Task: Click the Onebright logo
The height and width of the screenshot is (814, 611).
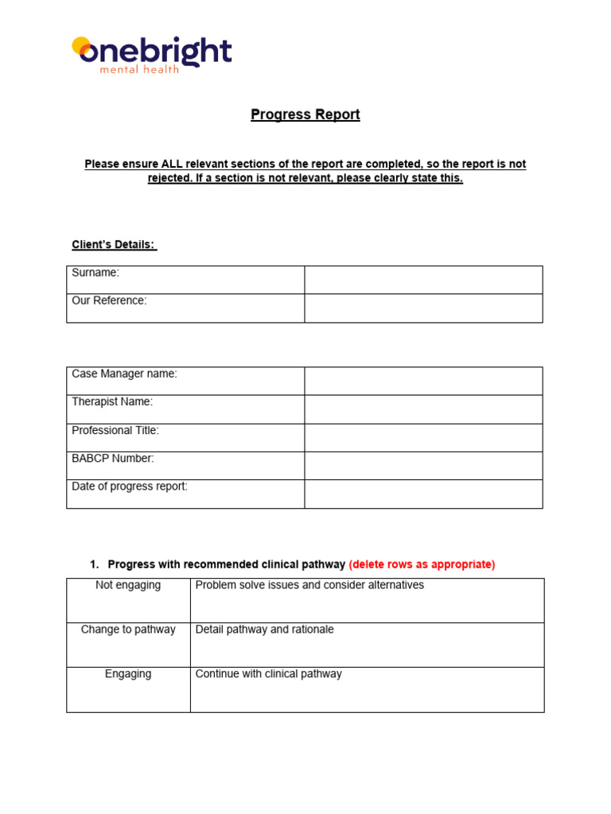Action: point(152,54)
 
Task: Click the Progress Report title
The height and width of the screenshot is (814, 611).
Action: point(305,114)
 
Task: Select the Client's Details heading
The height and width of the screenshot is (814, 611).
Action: point(115,245)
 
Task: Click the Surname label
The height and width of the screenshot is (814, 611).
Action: point(95,273)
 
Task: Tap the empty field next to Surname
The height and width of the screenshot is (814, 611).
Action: point(423,280)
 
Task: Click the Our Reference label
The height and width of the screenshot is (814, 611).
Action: point(109,300)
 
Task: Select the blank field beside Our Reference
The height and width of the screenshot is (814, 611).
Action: point(423,308)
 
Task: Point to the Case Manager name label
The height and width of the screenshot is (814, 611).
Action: point(124,374)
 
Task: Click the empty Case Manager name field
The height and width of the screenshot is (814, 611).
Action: point(423,381)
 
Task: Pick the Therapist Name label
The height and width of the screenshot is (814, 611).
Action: point(112,402)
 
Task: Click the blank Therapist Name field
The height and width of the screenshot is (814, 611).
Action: point(423,409)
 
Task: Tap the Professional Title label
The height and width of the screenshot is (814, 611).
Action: point(115,430)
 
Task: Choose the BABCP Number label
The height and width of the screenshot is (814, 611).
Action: point(113,459)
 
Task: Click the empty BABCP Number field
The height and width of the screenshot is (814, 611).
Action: point(423,466)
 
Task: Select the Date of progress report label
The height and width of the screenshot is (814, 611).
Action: point(130,486)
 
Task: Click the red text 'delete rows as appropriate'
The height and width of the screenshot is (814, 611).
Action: point(422,564)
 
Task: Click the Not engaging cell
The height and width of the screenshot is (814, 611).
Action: point(128,585)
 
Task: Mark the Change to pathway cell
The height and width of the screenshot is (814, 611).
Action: point(128,630)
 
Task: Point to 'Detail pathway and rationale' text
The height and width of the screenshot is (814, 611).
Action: point(264,630)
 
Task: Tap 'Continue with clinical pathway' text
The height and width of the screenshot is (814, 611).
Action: point(268,674)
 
